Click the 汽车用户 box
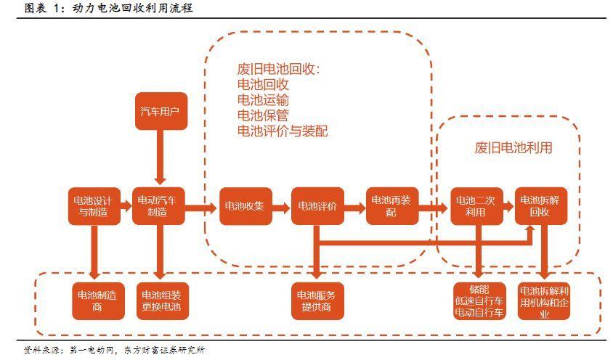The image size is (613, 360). pos(160,112)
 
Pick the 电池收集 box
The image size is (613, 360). pos(245,205)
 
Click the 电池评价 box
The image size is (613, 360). pos(317,205)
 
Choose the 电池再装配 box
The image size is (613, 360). pos(391,205)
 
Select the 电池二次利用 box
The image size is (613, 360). pos(475,205)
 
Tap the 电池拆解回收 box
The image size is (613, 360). pos(541,205)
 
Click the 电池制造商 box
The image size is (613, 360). pos(93,300)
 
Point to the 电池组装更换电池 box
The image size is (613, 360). pos(161,300)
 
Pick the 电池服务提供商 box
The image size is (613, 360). pos(317,300)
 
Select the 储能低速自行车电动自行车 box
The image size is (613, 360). pos(478,300)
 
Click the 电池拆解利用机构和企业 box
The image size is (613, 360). pos(545,300)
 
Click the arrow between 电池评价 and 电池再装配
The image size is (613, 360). pos(354,207)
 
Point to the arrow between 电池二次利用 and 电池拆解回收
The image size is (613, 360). pos(508,207)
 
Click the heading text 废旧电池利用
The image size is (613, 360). pos(513,148)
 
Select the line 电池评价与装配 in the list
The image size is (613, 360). pos(283,131)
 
